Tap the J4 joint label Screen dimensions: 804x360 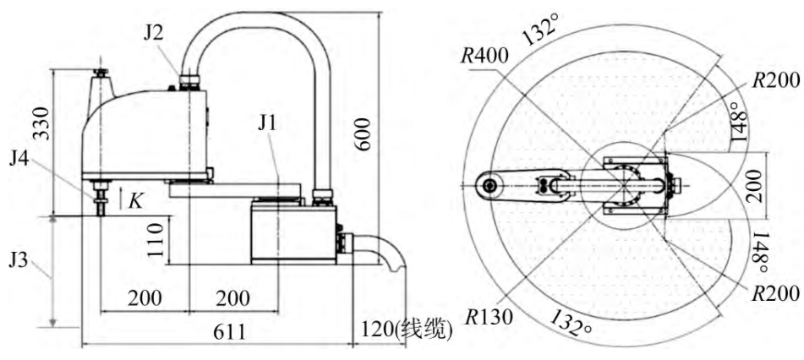tap(20, 161)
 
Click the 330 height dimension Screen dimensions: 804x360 tap(41, 123)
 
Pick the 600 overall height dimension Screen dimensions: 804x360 tap(363, 134)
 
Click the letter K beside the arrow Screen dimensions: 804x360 tap(135, 200)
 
